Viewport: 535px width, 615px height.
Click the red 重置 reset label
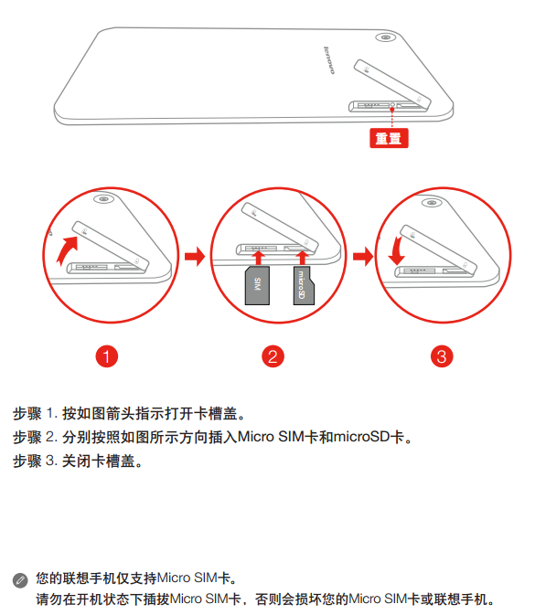pyautogui.click(x=389, y=138)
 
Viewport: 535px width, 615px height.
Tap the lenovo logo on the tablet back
pyautogui.click(x=329, y=60)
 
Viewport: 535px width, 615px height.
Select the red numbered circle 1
pyautogui.click(x=106, y=356)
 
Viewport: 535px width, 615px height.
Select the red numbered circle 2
pyautogui.click(x=273, y=356)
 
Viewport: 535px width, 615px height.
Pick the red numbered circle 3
pyautogui.click(x=442, y=356)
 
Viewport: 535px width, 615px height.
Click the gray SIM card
pyautogui.click(x=257, y=285)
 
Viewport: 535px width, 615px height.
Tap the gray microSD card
pyautogui.click(x=304, y=285)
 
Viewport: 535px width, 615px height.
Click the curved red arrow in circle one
pyautogui.click(x=67, y=249)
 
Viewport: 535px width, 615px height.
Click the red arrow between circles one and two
pyautogui.click(x=195, y=257)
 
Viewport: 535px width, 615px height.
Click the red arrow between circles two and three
pyautogui.click(x=363, y=257)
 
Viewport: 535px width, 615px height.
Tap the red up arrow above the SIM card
pyautogui.click(x=258, y=258)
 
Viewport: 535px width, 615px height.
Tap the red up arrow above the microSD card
pyautogui.click(x=302, y=258)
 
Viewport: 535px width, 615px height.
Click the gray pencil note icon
pyautogui.click(x=20, y=580)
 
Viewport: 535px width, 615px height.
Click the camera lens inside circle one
pyautogui.click(x=103, y=199)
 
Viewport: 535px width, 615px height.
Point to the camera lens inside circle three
pyautogui.click(x=432, y=203)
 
